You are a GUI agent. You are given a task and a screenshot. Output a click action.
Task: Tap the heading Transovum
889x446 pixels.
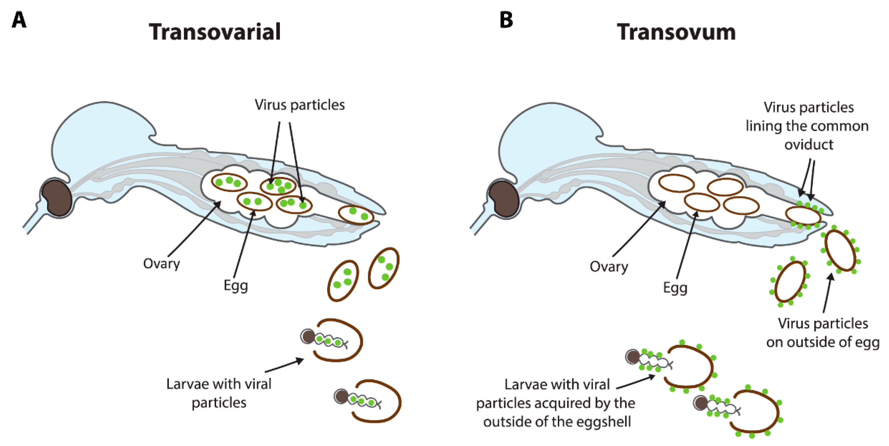(x=676, y=32)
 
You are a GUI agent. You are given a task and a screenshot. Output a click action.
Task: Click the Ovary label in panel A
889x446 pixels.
(x=161, y=264)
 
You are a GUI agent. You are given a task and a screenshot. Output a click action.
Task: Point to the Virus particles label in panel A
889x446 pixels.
(x=300, y=105)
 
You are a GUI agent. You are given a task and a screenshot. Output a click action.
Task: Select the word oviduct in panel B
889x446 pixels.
(x=809, y=144)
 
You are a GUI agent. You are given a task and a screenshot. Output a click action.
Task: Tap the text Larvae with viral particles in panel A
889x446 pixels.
(x=219, y=393)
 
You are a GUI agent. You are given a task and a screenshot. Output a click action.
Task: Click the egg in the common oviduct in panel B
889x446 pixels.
(x=803, y=216)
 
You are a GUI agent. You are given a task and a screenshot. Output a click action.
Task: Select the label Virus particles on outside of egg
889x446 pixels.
(x=823, y=333)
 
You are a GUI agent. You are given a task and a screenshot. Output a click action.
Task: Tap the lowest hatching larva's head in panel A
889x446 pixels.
(x=341, y=396)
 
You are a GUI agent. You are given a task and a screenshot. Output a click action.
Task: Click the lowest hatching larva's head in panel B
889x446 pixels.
(x=701, y=403)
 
